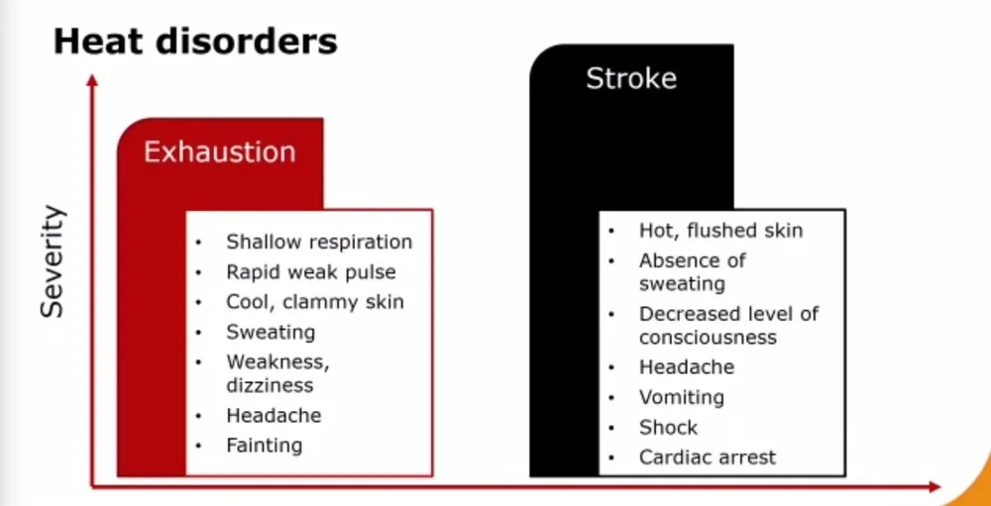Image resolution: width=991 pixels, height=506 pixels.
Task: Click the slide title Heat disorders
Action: [x=194, y=42]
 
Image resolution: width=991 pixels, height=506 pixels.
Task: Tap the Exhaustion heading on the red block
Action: [x=219, y=152]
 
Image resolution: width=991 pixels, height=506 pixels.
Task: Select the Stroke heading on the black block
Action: [x=631, y=78]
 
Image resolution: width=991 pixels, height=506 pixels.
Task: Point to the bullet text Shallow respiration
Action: [x=318, y=242]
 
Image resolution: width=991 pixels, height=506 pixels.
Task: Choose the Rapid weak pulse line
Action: [x=310, y=271]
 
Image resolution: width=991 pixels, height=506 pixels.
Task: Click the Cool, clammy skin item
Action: [x=314, y=301]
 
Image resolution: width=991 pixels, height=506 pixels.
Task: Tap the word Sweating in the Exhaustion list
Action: [x=271, y=332]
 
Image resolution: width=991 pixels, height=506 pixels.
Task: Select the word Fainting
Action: [x=264, y=446]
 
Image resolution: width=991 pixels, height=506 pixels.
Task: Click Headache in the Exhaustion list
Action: [x=274, y=416]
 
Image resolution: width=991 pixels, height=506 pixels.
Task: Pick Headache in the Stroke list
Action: [x=686, y=366]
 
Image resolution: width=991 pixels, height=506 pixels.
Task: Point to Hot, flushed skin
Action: [x=720, y=231]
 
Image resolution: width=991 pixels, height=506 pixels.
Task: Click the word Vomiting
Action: [x=681, y=397]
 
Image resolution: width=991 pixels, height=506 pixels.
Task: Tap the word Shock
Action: [x=668, y=428]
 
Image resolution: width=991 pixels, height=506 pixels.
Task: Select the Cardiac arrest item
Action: [x=707, y=457]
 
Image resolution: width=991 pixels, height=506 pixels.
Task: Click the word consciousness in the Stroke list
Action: [x=707, y=338]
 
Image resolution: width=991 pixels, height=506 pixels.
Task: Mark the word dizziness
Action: [x=269, y=385]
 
